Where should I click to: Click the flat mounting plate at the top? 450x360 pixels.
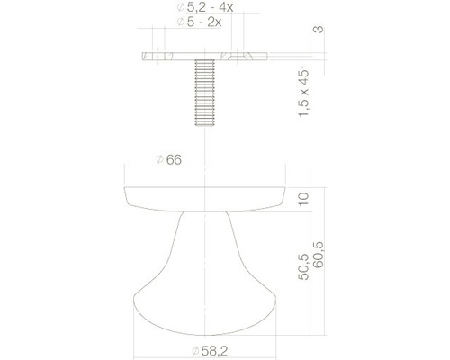pos(208,56)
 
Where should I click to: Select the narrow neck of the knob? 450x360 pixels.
pos(208,225)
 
